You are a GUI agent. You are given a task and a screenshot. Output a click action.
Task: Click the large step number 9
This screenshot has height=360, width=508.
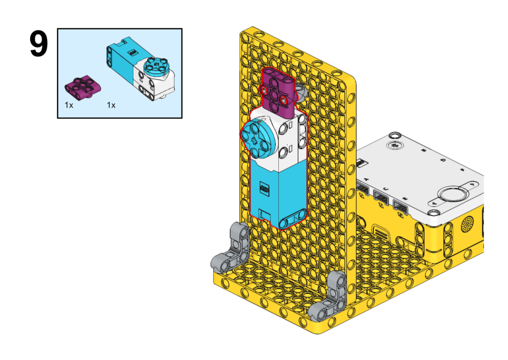click(39, 44)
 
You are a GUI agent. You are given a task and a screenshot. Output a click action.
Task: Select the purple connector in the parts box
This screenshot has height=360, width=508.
click(83, 86)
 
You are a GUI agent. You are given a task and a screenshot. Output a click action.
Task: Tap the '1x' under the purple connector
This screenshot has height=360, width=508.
click(68, 105)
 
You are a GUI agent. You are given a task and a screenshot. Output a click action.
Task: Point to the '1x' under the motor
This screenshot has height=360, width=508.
click(111, 105)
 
